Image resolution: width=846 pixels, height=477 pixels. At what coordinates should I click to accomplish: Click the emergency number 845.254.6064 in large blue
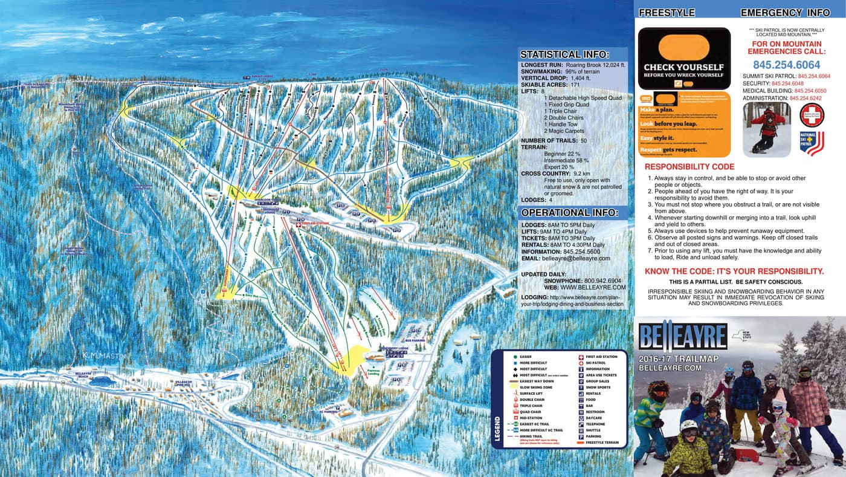(786, 65)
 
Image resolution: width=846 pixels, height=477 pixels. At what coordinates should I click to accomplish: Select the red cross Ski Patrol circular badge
(812, 115)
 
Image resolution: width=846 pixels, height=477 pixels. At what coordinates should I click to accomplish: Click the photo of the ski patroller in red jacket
(766, 129)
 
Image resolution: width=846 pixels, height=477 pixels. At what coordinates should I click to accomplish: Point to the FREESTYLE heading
(667, 13)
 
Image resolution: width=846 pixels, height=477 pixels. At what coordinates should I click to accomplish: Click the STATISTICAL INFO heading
(565, 54)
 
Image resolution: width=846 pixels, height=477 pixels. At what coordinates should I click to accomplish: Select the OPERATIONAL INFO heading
(570, 213)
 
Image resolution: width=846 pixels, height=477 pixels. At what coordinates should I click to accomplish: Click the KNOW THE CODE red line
(734, 271)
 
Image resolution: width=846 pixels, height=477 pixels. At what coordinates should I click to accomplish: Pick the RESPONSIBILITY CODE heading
(689, 167)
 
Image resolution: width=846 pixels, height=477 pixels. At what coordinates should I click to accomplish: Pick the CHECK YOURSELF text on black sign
(683, 67)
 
